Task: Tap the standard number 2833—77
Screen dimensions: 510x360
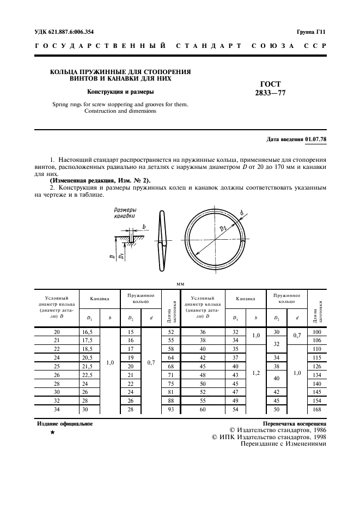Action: [271, 93]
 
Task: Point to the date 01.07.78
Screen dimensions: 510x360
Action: [316, 139]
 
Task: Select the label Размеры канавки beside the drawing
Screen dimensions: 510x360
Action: [125, 213]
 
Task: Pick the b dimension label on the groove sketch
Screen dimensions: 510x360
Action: [143, 226]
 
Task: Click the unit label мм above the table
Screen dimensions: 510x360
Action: [180, 284]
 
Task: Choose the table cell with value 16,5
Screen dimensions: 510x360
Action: [88, 332]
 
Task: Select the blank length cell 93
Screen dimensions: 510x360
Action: [171, 410]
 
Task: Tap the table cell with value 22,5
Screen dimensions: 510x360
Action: [88, 375]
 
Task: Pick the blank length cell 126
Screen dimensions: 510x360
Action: [316, 366]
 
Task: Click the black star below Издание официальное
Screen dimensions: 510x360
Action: [52, 433]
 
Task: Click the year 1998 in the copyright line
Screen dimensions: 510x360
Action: [316, 436]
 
